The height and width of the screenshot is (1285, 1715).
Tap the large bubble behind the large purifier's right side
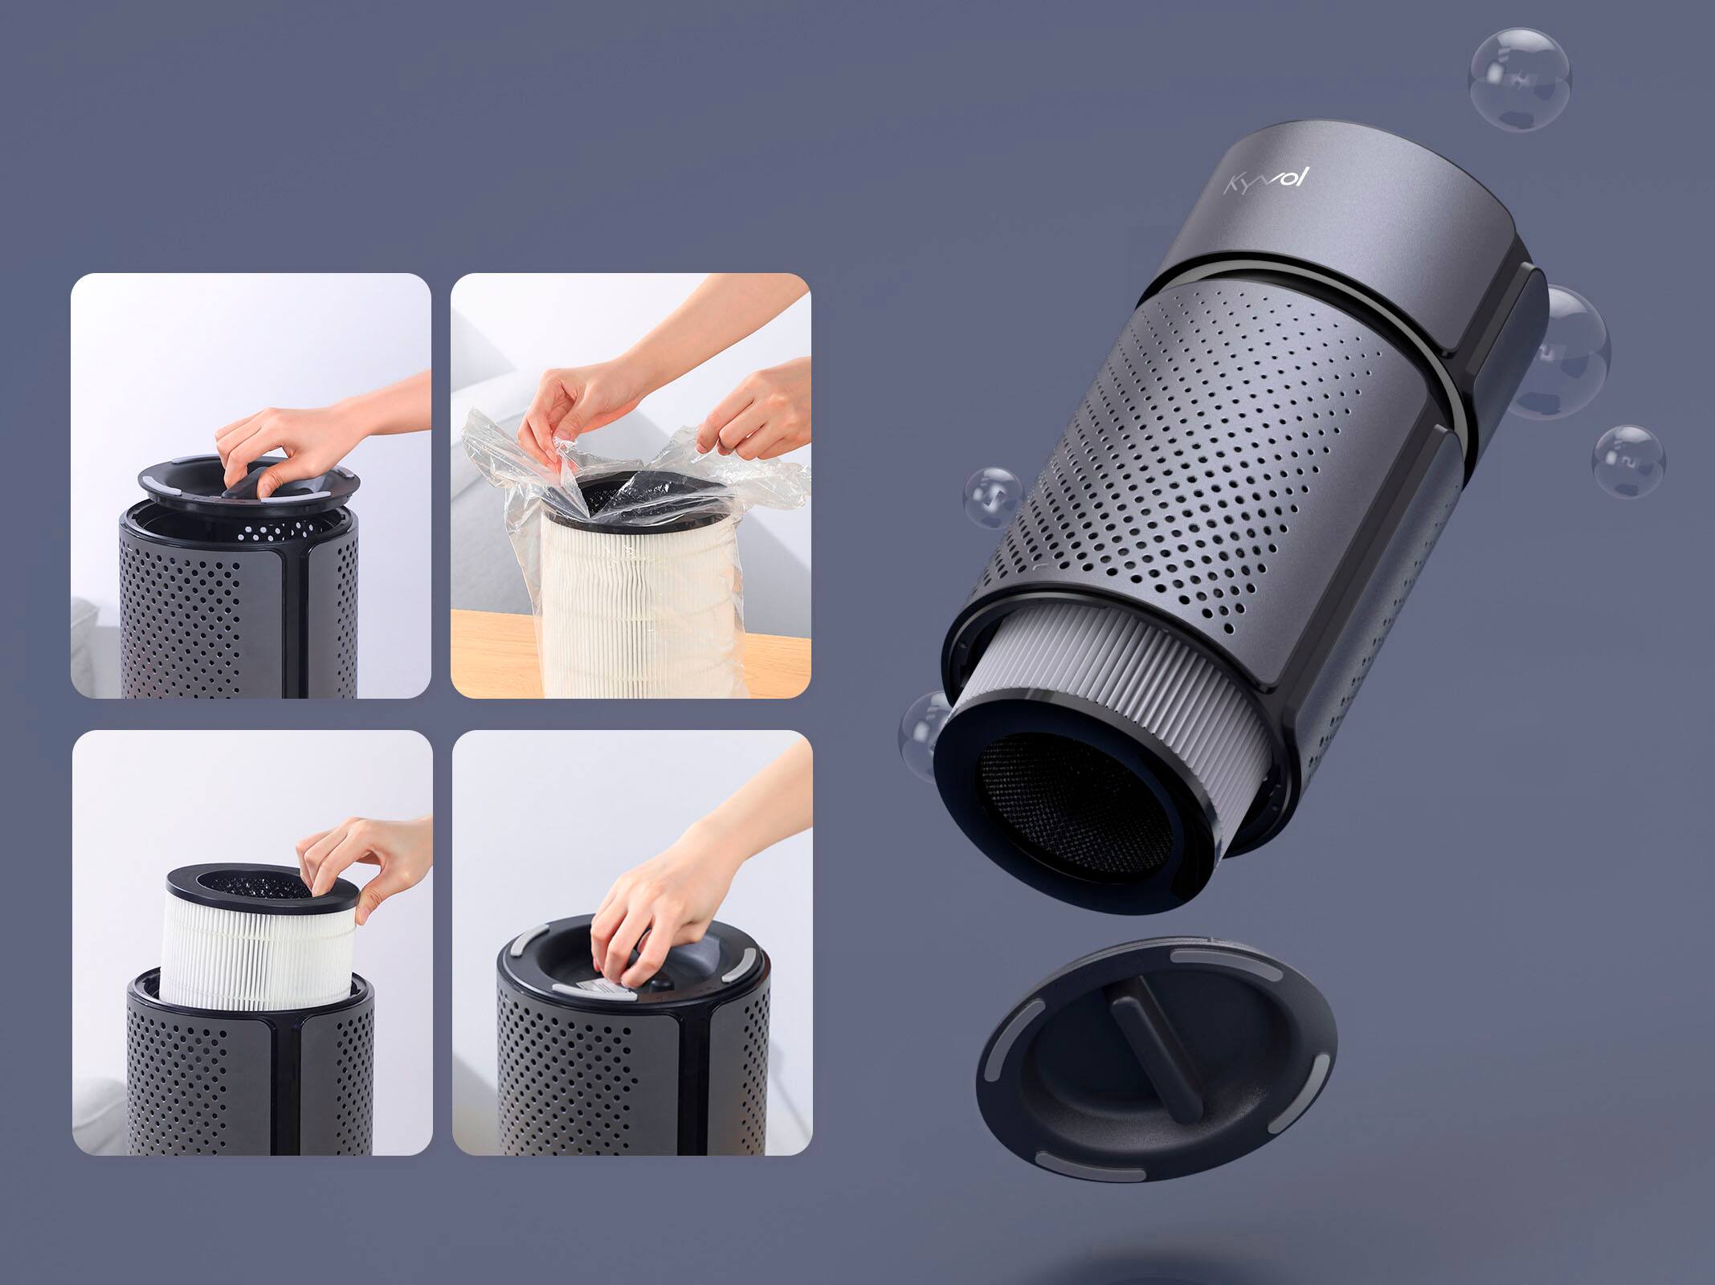pos(1570,353)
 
